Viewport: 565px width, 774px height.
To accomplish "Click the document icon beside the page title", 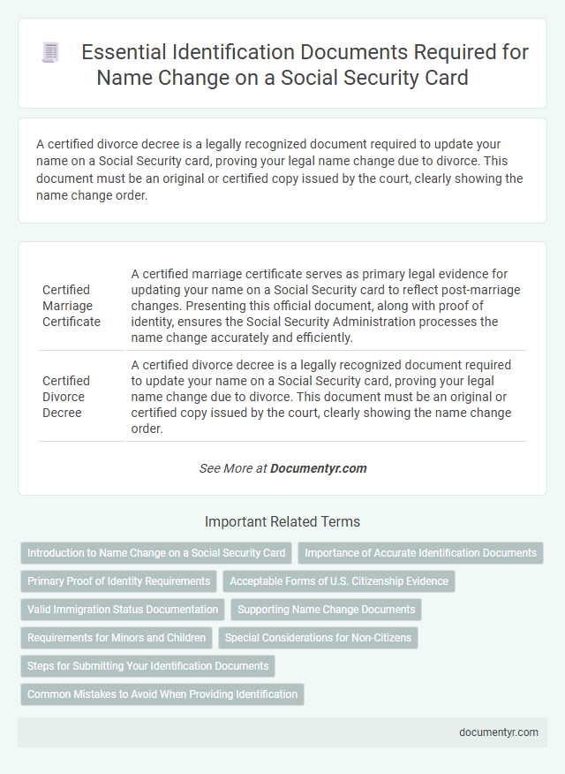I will [50, 53].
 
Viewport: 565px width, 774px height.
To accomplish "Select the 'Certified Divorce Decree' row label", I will [66, 397].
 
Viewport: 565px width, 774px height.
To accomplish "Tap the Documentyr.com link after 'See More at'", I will [319, 468].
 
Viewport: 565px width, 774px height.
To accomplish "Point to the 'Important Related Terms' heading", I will [282, 521].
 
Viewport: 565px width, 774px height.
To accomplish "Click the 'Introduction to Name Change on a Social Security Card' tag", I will [156, 553].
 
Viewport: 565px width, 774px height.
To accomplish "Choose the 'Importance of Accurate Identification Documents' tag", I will [420, 553].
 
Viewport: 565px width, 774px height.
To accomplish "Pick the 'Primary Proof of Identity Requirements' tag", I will [119, 581].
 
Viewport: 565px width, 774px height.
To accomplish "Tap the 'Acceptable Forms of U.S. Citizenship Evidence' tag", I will [339, 581].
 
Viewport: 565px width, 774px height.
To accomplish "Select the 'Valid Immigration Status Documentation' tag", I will [123, 610].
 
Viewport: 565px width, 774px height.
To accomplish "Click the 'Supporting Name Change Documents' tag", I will [326, 610].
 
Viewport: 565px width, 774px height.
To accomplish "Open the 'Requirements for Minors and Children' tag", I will [117, 638].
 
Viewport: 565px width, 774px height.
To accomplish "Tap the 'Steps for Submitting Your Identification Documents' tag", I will [147, 666].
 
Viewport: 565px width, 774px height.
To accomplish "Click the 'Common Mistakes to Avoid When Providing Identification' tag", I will [162, 694].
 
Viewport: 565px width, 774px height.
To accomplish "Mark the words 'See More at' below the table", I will [233, 468].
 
